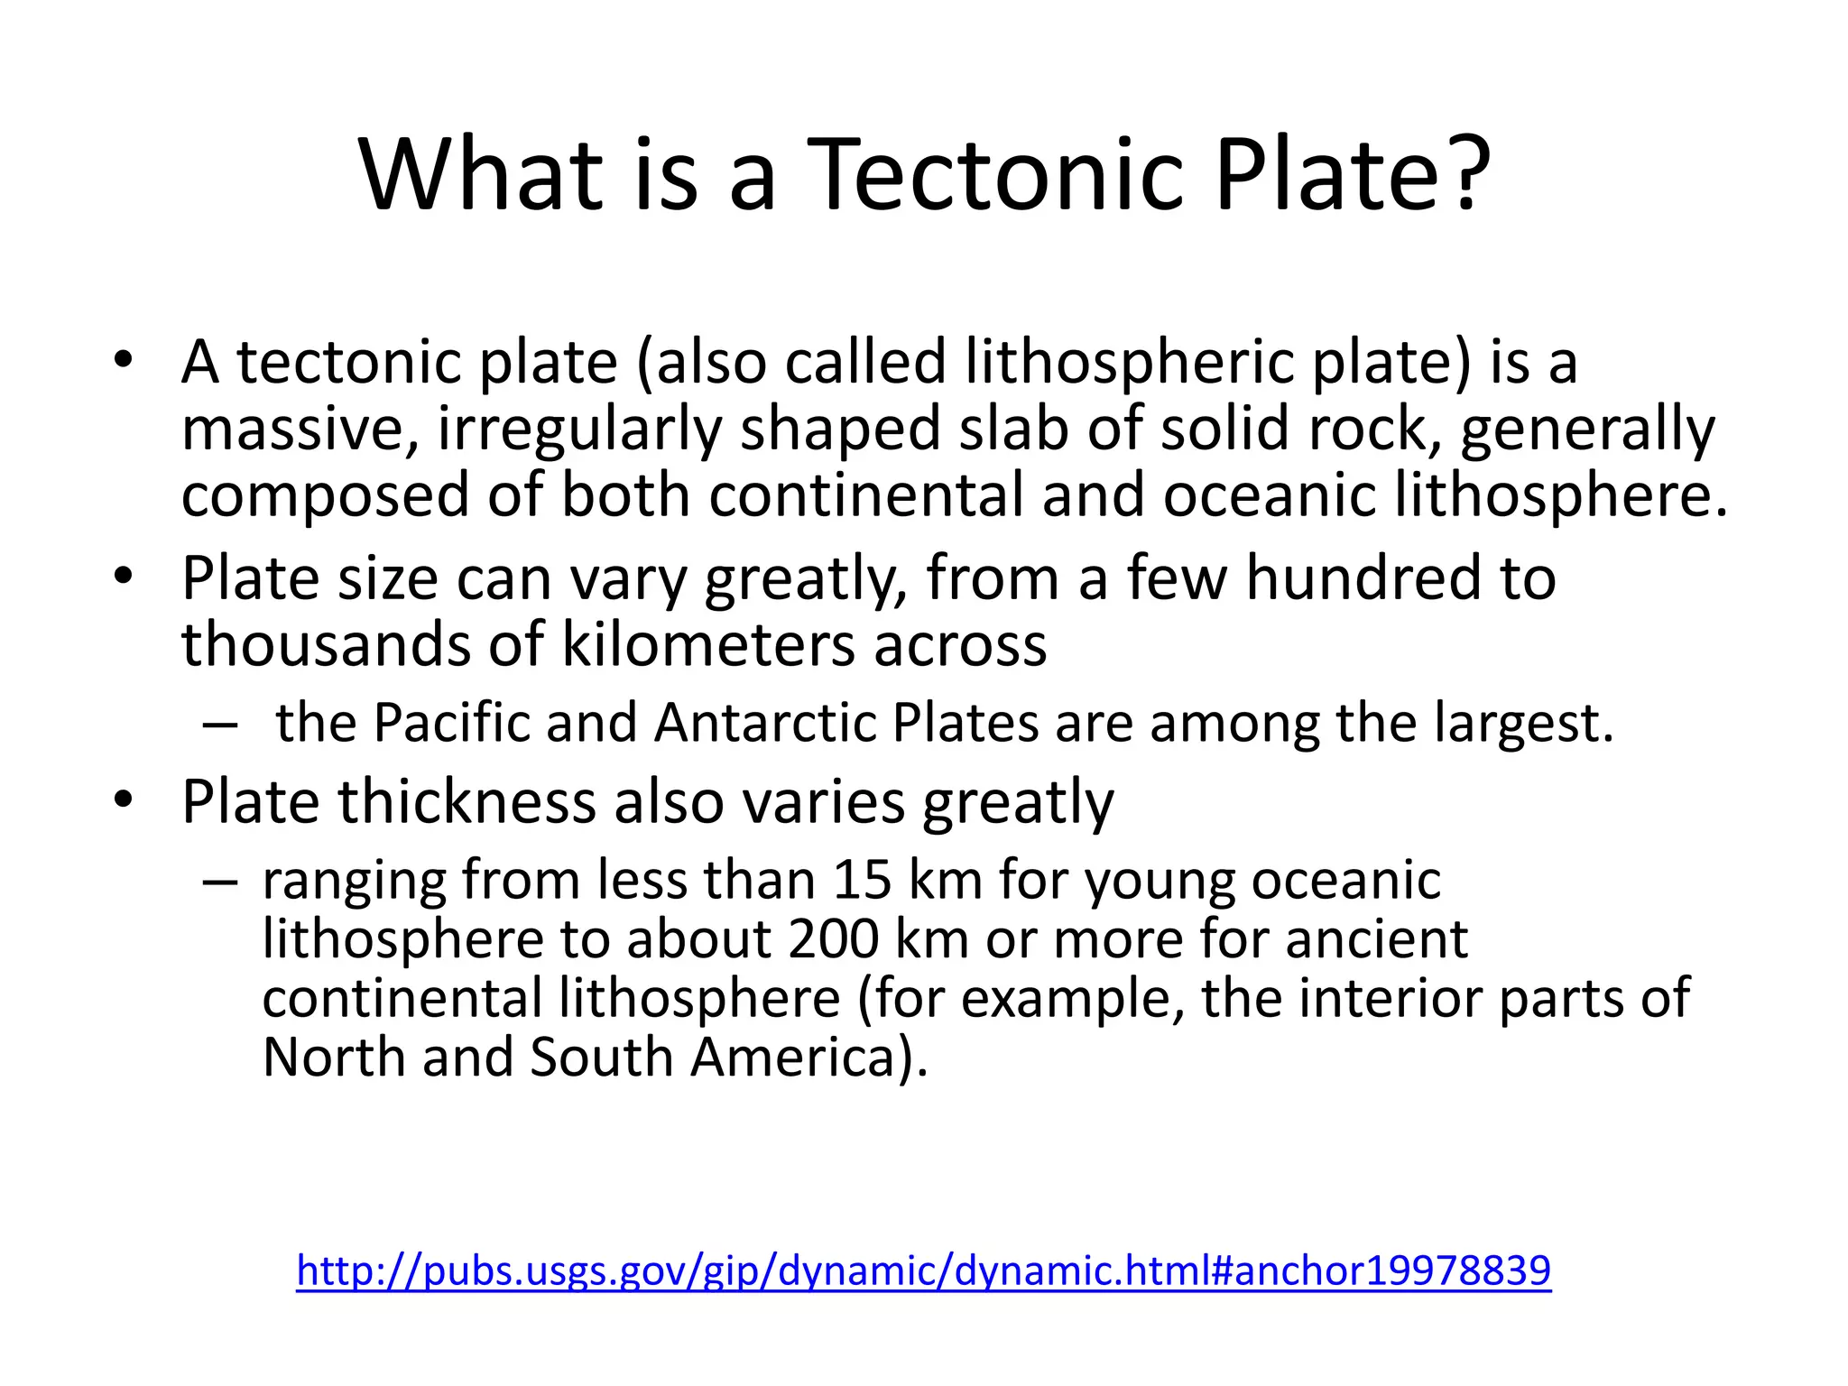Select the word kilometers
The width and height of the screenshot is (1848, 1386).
708,644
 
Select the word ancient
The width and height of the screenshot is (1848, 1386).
1376,939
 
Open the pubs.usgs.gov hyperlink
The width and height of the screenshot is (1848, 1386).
923,1270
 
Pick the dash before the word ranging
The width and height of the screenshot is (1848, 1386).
219,880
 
